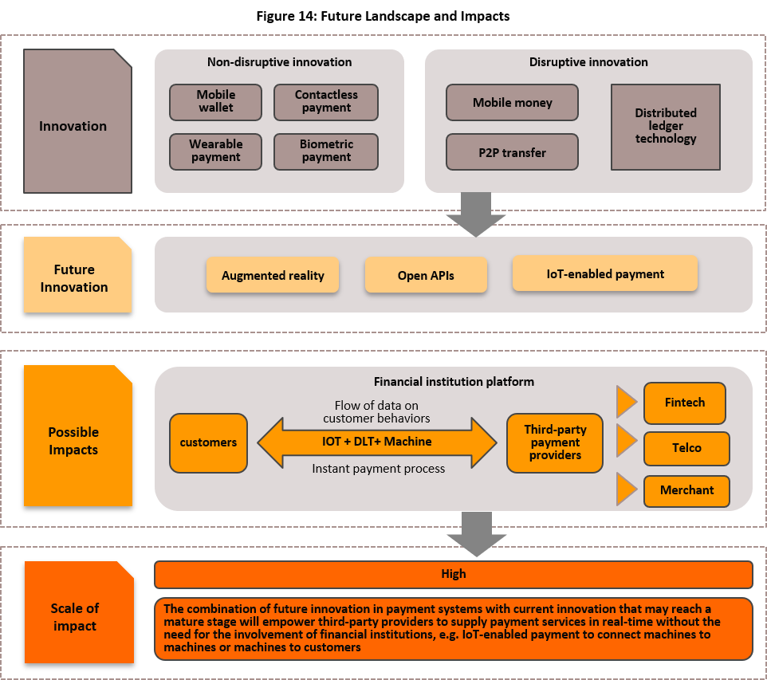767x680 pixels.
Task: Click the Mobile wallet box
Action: click(215, 101)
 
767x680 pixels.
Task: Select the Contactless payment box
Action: click(325, 101)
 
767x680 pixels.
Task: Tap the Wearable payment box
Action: click(215, 151)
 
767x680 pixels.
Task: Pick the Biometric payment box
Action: click(325, 151)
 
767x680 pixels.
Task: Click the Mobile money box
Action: click(511, 103)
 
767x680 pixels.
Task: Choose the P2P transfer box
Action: click(511, 152)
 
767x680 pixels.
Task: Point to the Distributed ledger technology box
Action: click(665, 127)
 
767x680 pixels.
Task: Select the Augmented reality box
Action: click(273, 275)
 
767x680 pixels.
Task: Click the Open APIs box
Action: click(426, 275)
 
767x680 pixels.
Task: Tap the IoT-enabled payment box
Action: click(605, 273)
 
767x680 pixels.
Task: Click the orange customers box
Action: click(208, 442)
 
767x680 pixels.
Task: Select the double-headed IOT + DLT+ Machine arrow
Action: click(376, 442)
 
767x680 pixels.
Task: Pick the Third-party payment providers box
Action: click(555, 442)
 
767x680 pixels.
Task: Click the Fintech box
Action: click(684, 403)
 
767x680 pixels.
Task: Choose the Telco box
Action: click(686, 448)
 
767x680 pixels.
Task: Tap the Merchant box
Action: click(686, 491)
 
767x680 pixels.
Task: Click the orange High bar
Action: click(453, 574)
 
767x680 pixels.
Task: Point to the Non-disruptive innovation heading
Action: click(279, 62)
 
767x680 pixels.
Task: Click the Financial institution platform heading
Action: click(454, 382)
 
